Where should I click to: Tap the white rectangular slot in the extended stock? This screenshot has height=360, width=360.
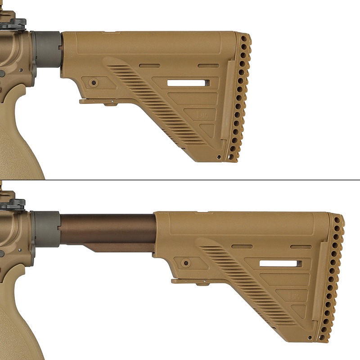pyautogui.click(x=280, y=263)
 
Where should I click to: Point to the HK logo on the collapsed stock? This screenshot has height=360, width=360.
pyautogui.click(x=202, y=114)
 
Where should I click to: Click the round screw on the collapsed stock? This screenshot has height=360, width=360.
pyautogui.click(x=94, y=83)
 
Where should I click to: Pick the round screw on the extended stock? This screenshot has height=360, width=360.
pyautogui.click(x=185, y=263)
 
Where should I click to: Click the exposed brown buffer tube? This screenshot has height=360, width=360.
pyautogui.click(x=108, y=229)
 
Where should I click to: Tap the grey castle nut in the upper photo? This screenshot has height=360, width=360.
pyautogui.click(x=47, y=49)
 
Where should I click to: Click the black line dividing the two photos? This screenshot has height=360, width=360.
pyautogui.click(x=180, y=180)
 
